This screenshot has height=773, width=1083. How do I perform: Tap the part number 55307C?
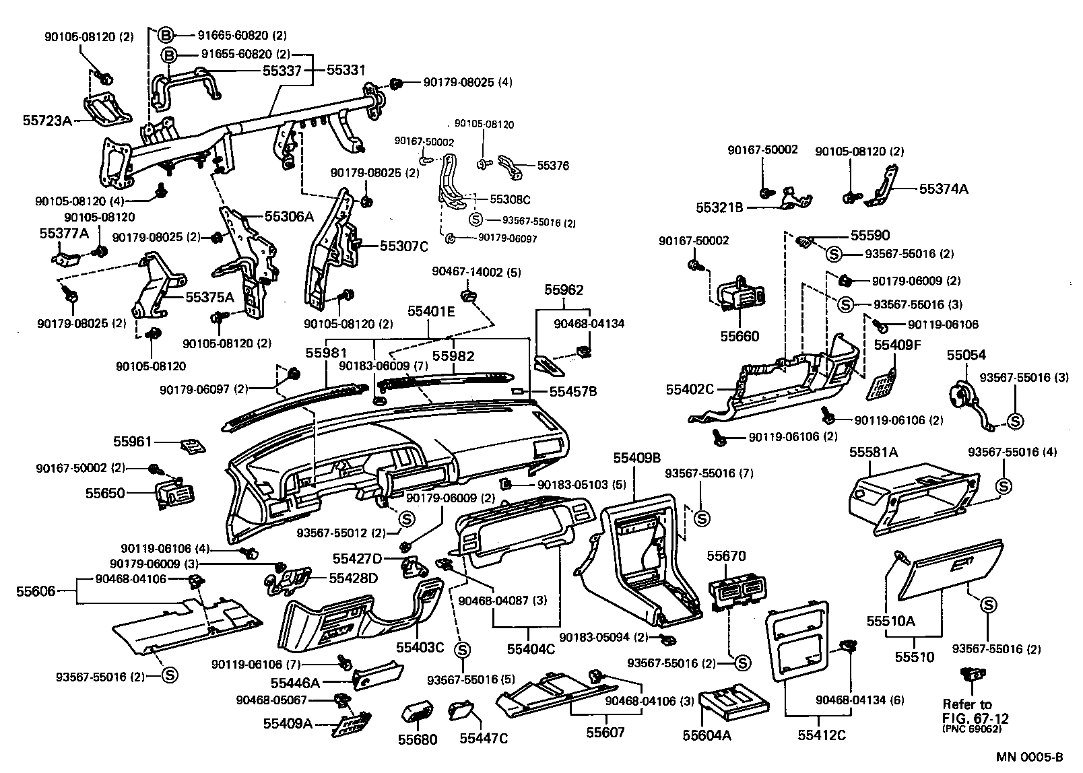tap(403, 246)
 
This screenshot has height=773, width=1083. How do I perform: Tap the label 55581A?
tap(874, 452)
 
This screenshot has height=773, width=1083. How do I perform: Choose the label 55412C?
tap(821, 735)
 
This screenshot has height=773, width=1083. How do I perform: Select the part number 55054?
tap(966, 355)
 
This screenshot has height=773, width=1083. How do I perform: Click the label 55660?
tap(739, 336)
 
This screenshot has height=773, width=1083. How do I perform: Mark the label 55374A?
tap(943, 190)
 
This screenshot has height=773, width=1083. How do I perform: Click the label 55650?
tap(104, 493)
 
